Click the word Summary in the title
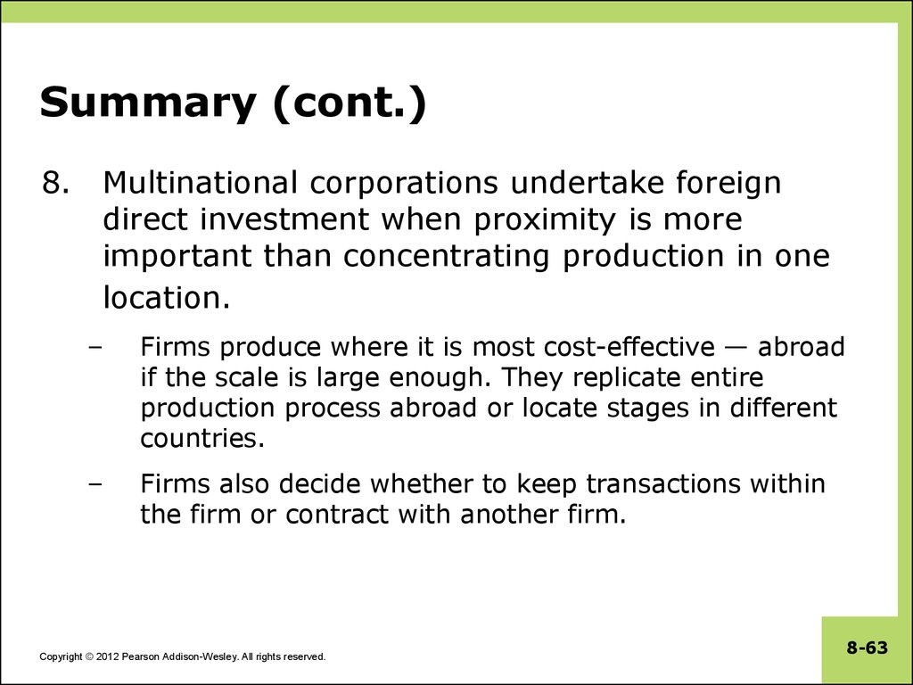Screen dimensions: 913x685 point(148,103)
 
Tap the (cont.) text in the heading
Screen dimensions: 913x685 point(350,103)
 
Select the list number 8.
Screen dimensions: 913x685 point(55,183)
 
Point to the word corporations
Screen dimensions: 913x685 point(404,184)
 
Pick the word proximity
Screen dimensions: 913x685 point(545,221)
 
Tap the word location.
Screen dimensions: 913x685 point(167,297)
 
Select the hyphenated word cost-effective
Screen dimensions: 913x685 point(629,347)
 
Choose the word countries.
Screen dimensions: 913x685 point(202,438)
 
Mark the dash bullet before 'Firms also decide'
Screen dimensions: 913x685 point(96,484)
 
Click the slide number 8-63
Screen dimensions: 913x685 point(867,648)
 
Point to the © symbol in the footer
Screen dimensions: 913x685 point(89,656)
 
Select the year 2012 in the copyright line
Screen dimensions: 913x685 point(108,656)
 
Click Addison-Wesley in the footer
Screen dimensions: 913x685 point(200,656)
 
